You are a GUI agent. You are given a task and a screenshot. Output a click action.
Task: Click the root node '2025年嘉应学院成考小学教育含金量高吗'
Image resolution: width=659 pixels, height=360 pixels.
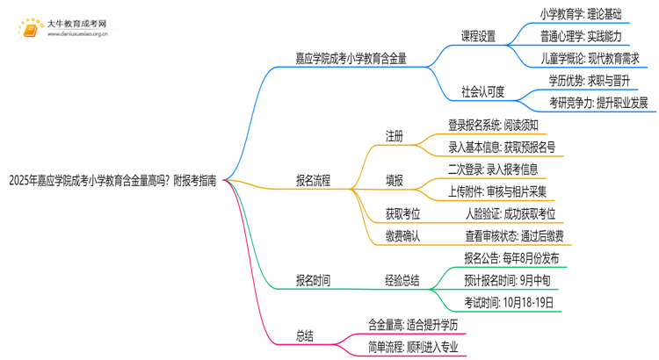click(x=114, y=181)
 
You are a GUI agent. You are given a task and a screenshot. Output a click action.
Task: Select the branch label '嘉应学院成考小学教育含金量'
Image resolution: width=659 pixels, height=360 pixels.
click(x=351, y=59)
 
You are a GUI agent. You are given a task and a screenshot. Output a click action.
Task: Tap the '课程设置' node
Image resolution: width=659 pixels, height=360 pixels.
click(x=479, y=37)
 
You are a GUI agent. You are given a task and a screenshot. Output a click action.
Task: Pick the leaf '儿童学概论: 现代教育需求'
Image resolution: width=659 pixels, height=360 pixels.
click(x=590, y=59)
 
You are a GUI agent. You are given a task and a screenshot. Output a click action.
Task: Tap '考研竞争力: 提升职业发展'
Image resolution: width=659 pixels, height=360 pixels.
click(x=598, y=103)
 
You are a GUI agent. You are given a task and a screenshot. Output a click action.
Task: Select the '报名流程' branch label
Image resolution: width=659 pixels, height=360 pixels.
click(x=314, y=181)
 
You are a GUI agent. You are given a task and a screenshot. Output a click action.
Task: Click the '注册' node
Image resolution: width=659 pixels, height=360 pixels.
click(x=395, y=137)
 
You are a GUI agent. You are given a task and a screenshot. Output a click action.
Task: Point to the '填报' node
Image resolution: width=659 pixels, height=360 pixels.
click(x=395, y=181)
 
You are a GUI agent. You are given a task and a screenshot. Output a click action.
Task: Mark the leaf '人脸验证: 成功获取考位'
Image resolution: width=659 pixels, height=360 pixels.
click(x=511, y=213)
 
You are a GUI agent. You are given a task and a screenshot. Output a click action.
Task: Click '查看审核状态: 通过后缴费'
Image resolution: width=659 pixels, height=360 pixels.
click(x=515, y=235)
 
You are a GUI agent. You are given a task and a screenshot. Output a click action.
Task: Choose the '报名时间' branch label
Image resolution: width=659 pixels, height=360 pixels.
click(x=314, y=281)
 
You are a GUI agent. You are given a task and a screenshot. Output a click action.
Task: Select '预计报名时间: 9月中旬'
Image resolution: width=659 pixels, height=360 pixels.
click(x=507, y=281)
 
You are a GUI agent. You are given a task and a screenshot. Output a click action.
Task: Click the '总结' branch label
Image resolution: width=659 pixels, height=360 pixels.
click(x=305, y=336)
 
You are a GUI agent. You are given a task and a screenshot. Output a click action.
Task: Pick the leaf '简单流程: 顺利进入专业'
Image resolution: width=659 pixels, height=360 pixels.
click(x=414, y=347)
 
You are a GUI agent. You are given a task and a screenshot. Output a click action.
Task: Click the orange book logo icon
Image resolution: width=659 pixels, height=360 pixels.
click(x=29, y=30)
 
